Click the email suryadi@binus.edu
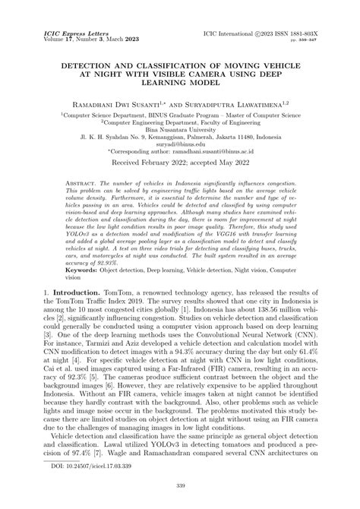coord(179,141)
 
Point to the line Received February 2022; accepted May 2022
coord(179,163)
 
